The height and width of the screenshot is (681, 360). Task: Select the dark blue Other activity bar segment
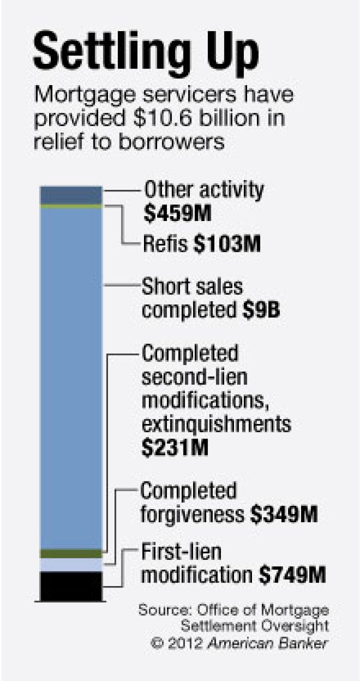[x=71, y=195]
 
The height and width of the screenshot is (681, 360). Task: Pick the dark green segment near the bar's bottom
[x=71, y=553]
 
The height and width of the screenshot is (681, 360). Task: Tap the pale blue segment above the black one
[x=71, y=565]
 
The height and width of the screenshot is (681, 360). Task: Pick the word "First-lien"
[x=181, y=552]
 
